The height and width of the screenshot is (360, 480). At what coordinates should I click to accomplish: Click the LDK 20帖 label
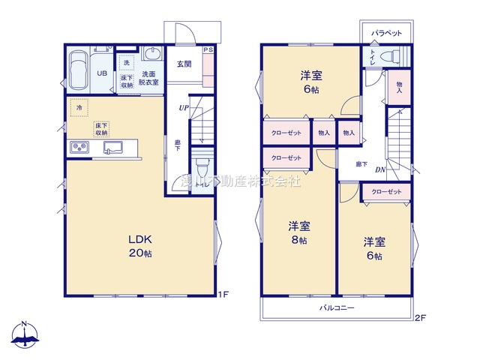pos(140,246)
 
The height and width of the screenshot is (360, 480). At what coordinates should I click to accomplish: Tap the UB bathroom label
pos(103,73)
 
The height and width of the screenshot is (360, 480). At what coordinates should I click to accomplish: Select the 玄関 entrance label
pos(184,64)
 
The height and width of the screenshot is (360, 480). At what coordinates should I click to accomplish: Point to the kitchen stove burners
pos(79,148)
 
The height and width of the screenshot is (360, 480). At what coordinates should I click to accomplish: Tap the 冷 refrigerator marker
pos(79,108)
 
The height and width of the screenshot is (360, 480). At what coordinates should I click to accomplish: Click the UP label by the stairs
pos(184,107)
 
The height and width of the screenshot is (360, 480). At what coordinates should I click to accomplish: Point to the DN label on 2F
pos(380,170)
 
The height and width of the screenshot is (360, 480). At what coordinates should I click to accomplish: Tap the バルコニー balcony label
pos(336,308)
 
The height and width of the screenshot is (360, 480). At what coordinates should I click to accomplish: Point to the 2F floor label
pos(420,317)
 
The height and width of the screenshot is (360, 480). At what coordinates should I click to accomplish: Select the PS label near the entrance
pos(208,49)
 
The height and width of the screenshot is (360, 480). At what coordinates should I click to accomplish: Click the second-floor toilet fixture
pos(390,57)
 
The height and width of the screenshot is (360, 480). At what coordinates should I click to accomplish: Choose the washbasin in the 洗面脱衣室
pos(152,55)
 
